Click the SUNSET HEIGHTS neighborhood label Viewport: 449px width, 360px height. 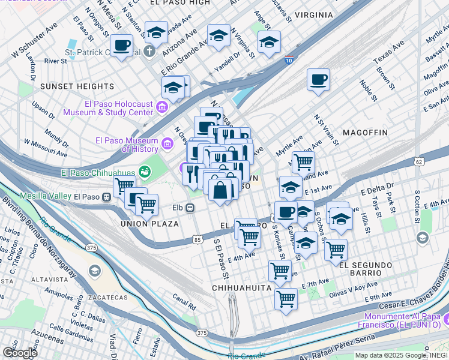pyautogui.click(x=77, y=86)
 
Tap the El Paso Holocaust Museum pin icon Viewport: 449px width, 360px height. pyautogui.click(x=161, y=108)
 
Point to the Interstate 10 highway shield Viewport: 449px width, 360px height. pyautogui.click(x=289, y=59)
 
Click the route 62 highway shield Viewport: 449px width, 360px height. pyautogui.click(x=418, y=161)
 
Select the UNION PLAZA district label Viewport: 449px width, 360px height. pyautogui.click(x=149, y=224)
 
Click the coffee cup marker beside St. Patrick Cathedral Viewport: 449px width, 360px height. pyautogui.click(x=122, y=46)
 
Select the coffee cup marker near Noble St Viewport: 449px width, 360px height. pyautogui.click(x=318, y=79)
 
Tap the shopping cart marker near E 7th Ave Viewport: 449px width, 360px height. pyautogui.click(x=286, y=298)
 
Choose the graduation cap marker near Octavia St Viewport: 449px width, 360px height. pyautogui.click(x=269, y=43)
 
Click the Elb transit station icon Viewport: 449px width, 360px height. pyautogui.click(x=190, y=208)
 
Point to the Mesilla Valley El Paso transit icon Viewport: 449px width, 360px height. pyautogui.click(x=106, y=196)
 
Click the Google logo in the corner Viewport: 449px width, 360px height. pyautogui.click(x=20, y=352)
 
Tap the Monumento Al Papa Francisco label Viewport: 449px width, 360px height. pyautogui.click(x=406, y=320)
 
